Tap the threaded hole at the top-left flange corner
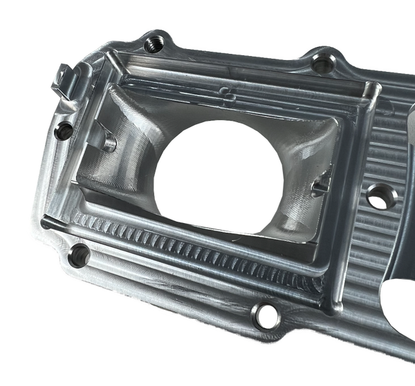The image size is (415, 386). (x=153, y=45)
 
